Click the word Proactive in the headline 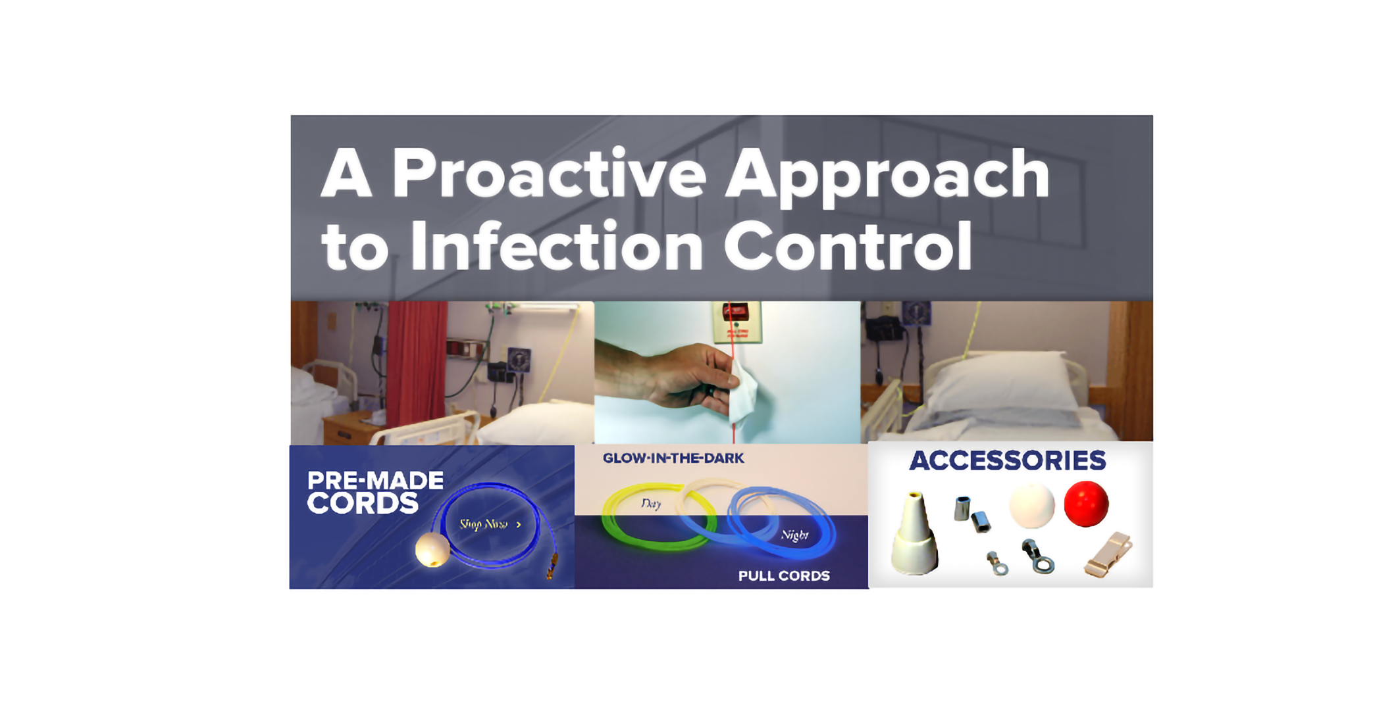tap(549, 174)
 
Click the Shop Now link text tap(490, 524)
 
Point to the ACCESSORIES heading tap(1007, 460)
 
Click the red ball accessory tap(1086, 504)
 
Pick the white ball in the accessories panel tap(1031, 506)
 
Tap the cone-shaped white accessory tap(915, 533)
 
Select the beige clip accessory tap(1108, 555)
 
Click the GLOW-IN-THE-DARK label tap(673, 458)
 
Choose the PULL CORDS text tap(784, 576)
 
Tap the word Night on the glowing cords tap(794, 535)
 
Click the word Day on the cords tap(651, 504)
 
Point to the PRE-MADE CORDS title tap(375, 492)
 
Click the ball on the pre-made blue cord tap(432, 550)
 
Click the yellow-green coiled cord tap(658, 516)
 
